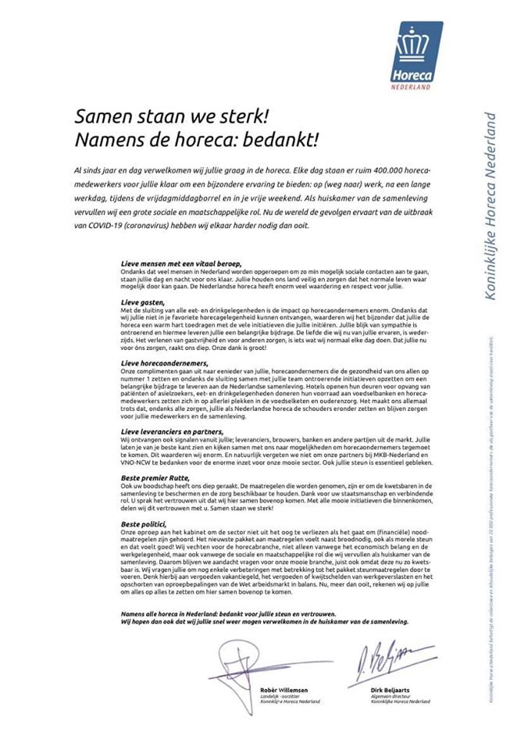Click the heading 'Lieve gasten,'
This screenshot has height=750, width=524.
pos(144,301)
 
